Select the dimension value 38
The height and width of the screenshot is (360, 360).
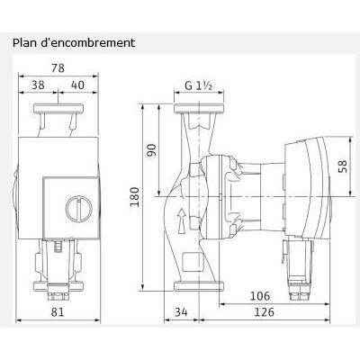[x=39, y=85]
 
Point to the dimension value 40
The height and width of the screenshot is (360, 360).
[x=80, y=85]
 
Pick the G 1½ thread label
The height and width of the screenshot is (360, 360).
[x=198, y=87]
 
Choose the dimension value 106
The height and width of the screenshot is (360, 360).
[x=260, y=295]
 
